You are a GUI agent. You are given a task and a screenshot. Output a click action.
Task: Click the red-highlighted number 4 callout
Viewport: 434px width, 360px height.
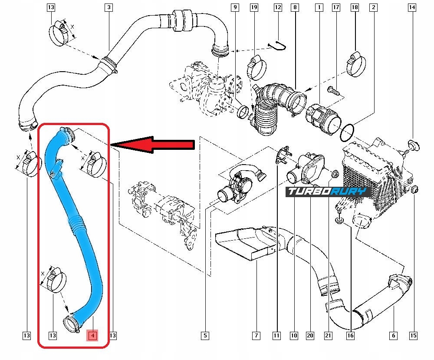pyautogui.click(x=93, y=336)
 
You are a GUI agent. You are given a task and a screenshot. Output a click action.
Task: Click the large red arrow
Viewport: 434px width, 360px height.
pyautogui.click(x=152, y=144)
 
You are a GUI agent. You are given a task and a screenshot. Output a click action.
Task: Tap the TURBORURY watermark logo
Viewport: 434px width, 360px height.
pyautogui.click(x=328, y=192)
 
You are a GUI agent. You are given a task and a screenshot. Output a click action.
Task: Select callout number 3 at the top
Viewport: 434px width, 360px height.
pyautogui.click(x=109, y=7)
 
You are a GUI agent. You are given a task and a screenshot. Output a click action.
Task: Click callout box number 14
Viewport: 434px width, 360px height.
pyautogui.click(x=412, y=7)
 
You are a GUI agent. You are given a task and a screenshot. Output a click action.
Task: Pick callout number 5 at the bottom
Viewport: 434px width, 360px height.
pyautogui.click(x=205, y=336)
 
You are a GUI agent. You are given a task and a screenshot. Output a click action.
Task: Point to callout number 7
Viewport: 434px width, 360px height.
pyautogui.click(x=256, y=336)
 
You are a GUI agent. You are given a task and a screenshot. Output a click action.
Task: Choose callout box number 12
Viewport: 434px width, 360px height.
pyautogui.click(x=278, y=7)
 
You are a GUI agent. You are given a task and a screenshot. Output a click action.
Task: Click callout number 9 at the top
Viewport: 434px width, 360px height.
pyautogui.click(x=235, y=7)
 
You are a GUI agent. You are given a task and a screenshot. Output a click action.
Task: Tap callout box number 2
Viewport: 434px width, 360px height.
pyautogui.click(x=374, y=7)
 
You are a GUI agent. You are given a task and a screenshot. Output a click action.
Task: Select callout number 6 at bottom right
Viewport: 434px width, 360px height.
pyautogui.click(x=393, y=336)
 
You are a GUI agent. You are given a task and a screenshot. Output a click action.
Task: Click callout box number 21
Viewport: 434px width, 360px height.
pyautogui.click(x=328, y=336)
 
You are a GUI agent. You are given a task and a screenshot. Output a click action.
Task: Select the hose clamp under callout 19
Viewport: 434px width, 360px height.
pyautogui.click(x=256, y=68)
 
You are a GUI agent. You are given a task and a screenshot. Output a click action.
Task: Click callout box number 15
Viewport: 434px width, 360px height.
pyautogui.click(x=413, y=336)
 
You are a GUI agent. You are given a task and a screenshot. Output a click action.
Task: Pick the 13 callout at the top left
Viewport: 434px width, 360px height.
pyautogui.click(x=51, y=7)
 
